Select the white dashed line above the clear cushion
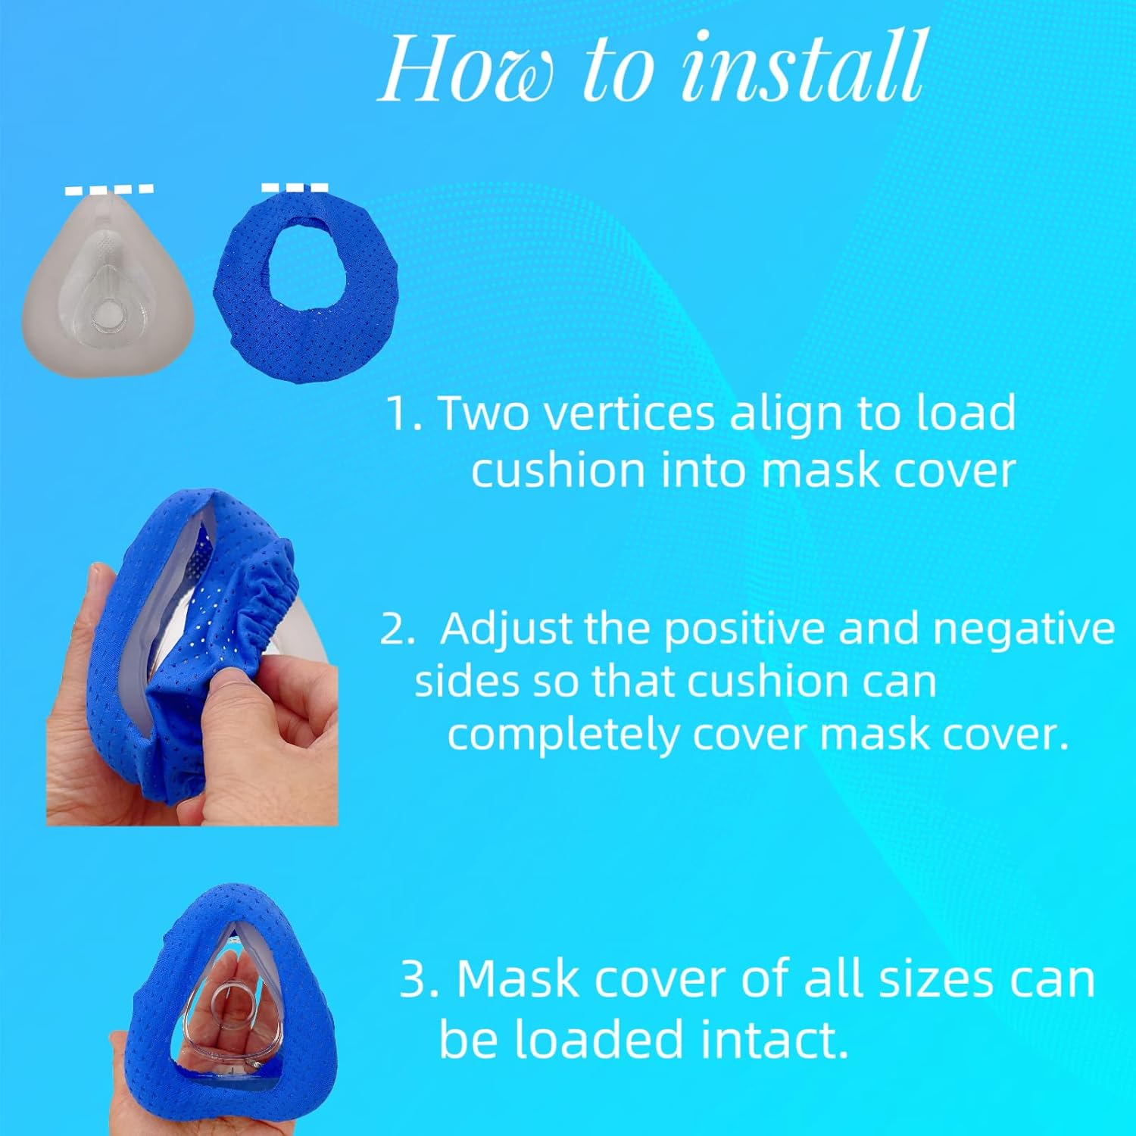point(109,189)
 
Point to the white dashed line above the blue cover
point(295,187)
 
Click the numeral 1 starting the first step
point(398,415)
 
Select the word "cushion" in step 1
point(559,470)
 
